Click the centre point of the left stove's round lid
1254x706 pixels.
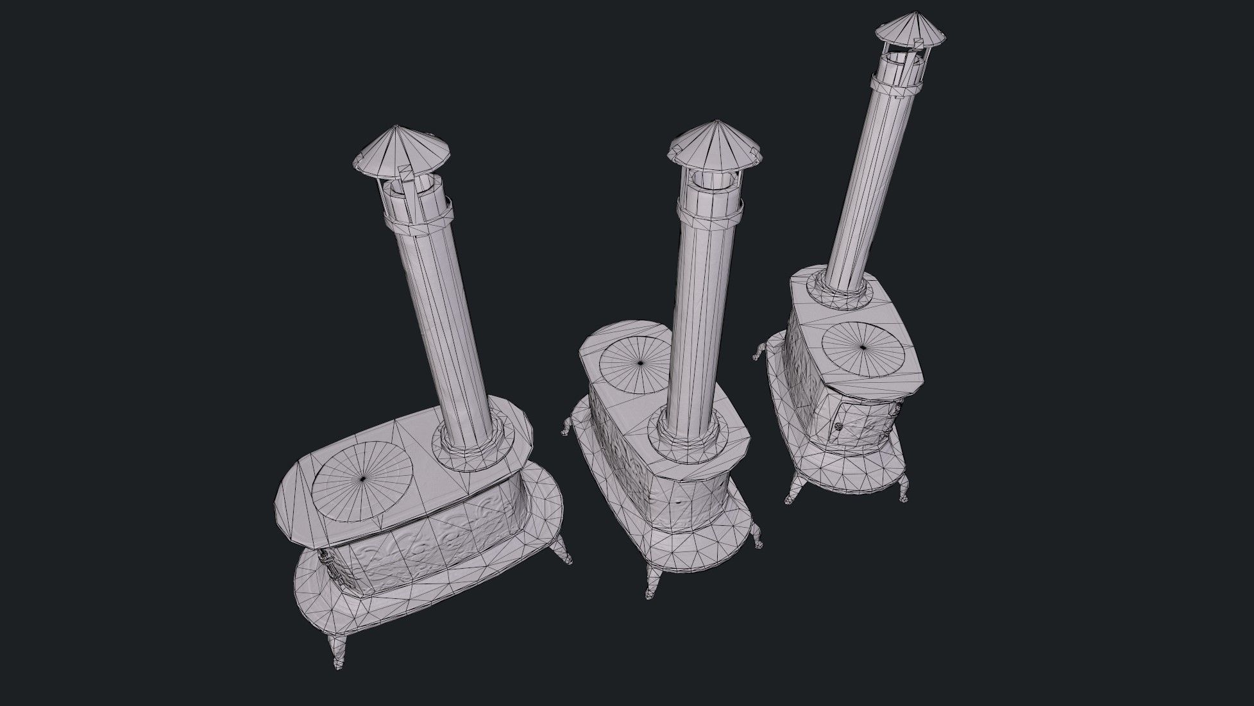pyautogui.click(x=363, y=479)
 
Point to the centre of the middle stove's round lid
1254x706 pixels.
pyautogui.click(x=640, y=364)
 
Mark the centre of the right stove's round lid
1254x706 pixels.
pyautogui.click(x=863, y=348)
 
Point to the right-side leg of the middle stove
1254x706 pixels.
pyautogui.click(x=758, y=535)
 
